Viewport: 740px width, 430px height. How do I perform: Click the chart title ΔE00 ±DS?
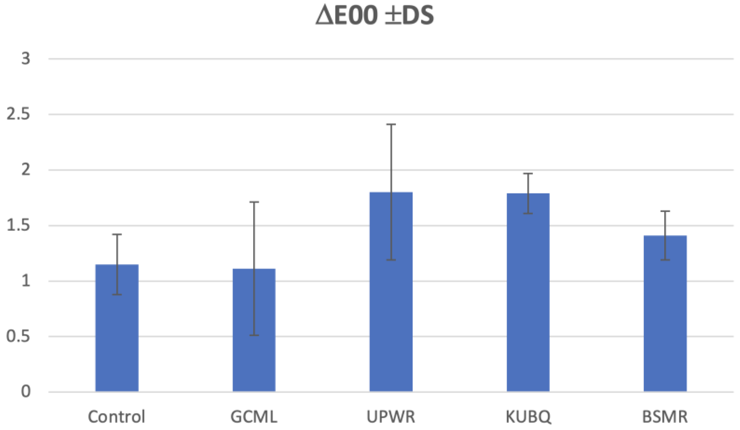pyautogui.click(x=375, y=16)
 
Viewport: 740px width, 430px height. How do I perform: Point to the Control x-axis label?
pyautogui.click(x=116, y=417)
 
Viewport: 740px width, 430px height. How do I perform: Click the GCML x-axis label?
pyautogui.click(x=254, y=417)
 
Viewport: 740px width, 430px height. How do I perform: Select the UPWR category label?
pyautogui.click(x=391, y=417)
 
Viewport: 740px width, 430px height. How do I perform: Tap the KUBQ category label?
pyautogui.click(x=528, y=417)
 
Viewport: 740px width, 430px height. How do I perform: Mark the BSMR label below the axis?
pyautogui.click(x=665, y=417)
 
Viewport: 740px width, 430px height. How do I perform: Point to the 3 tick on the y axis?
pyautogui.click(x=26, y=58)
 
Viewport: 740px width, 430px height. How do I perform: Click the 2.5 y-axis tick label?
pyautogui.click(x=19, y=114)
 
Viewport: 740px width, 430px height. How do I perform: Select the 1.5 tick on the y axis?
pyautogui.click(x=19, y=225)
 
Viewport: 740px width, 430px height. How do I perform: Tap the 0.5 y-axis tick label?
pyautogui.click(x=19, y=336)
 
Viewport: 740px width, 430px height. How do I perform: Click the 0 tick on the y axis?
pyautogui.click(x=26, y=392)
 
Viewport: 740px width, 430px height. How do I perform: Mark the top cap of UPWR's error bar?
pyautogui.click(x=391, y=124)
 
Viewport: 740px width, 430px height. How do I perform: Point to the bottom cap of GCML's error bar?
pyautogui.click(x=254, y=335)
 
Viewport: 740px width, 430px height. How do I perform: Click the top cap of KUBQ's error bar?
pyautogui.click(x=528, y=174)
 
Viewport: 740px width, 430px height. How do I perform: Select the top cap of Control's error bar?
pyautogui.click(x=117, y=235)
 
